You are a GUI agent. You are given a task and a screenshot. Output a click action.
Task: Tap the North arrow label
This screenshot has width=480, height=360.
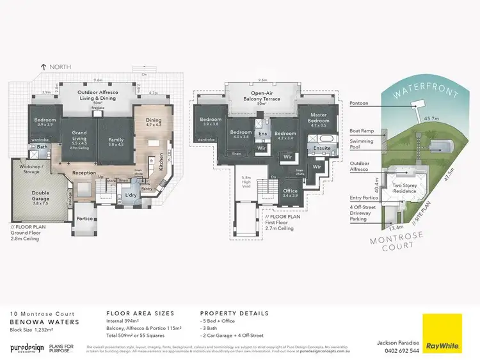(x=57, y=67)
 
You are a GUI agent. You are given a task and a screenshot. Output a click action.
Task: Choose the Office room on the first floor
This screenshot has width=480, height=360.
(x=291, y=191)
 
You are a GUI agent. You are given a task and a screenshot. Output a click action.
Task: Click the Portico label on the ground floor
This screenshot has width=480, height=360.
(x=84, y=219)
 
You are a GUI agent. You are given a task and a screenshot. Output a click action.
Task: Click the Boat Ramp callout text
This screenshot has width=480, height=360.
(x=361, y=130)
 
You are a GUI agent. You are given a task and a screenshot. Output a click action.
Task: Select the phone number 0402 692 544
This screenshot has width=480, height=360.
(x=397, y=350)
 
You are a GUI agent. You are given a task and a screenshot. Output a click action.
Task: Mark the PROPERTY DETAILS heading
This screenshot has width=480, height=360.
(x=234, y=314)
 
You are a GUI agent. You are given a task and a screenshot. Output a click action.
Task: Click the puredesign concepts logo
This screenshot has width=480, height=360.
(x=27, y=348)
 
